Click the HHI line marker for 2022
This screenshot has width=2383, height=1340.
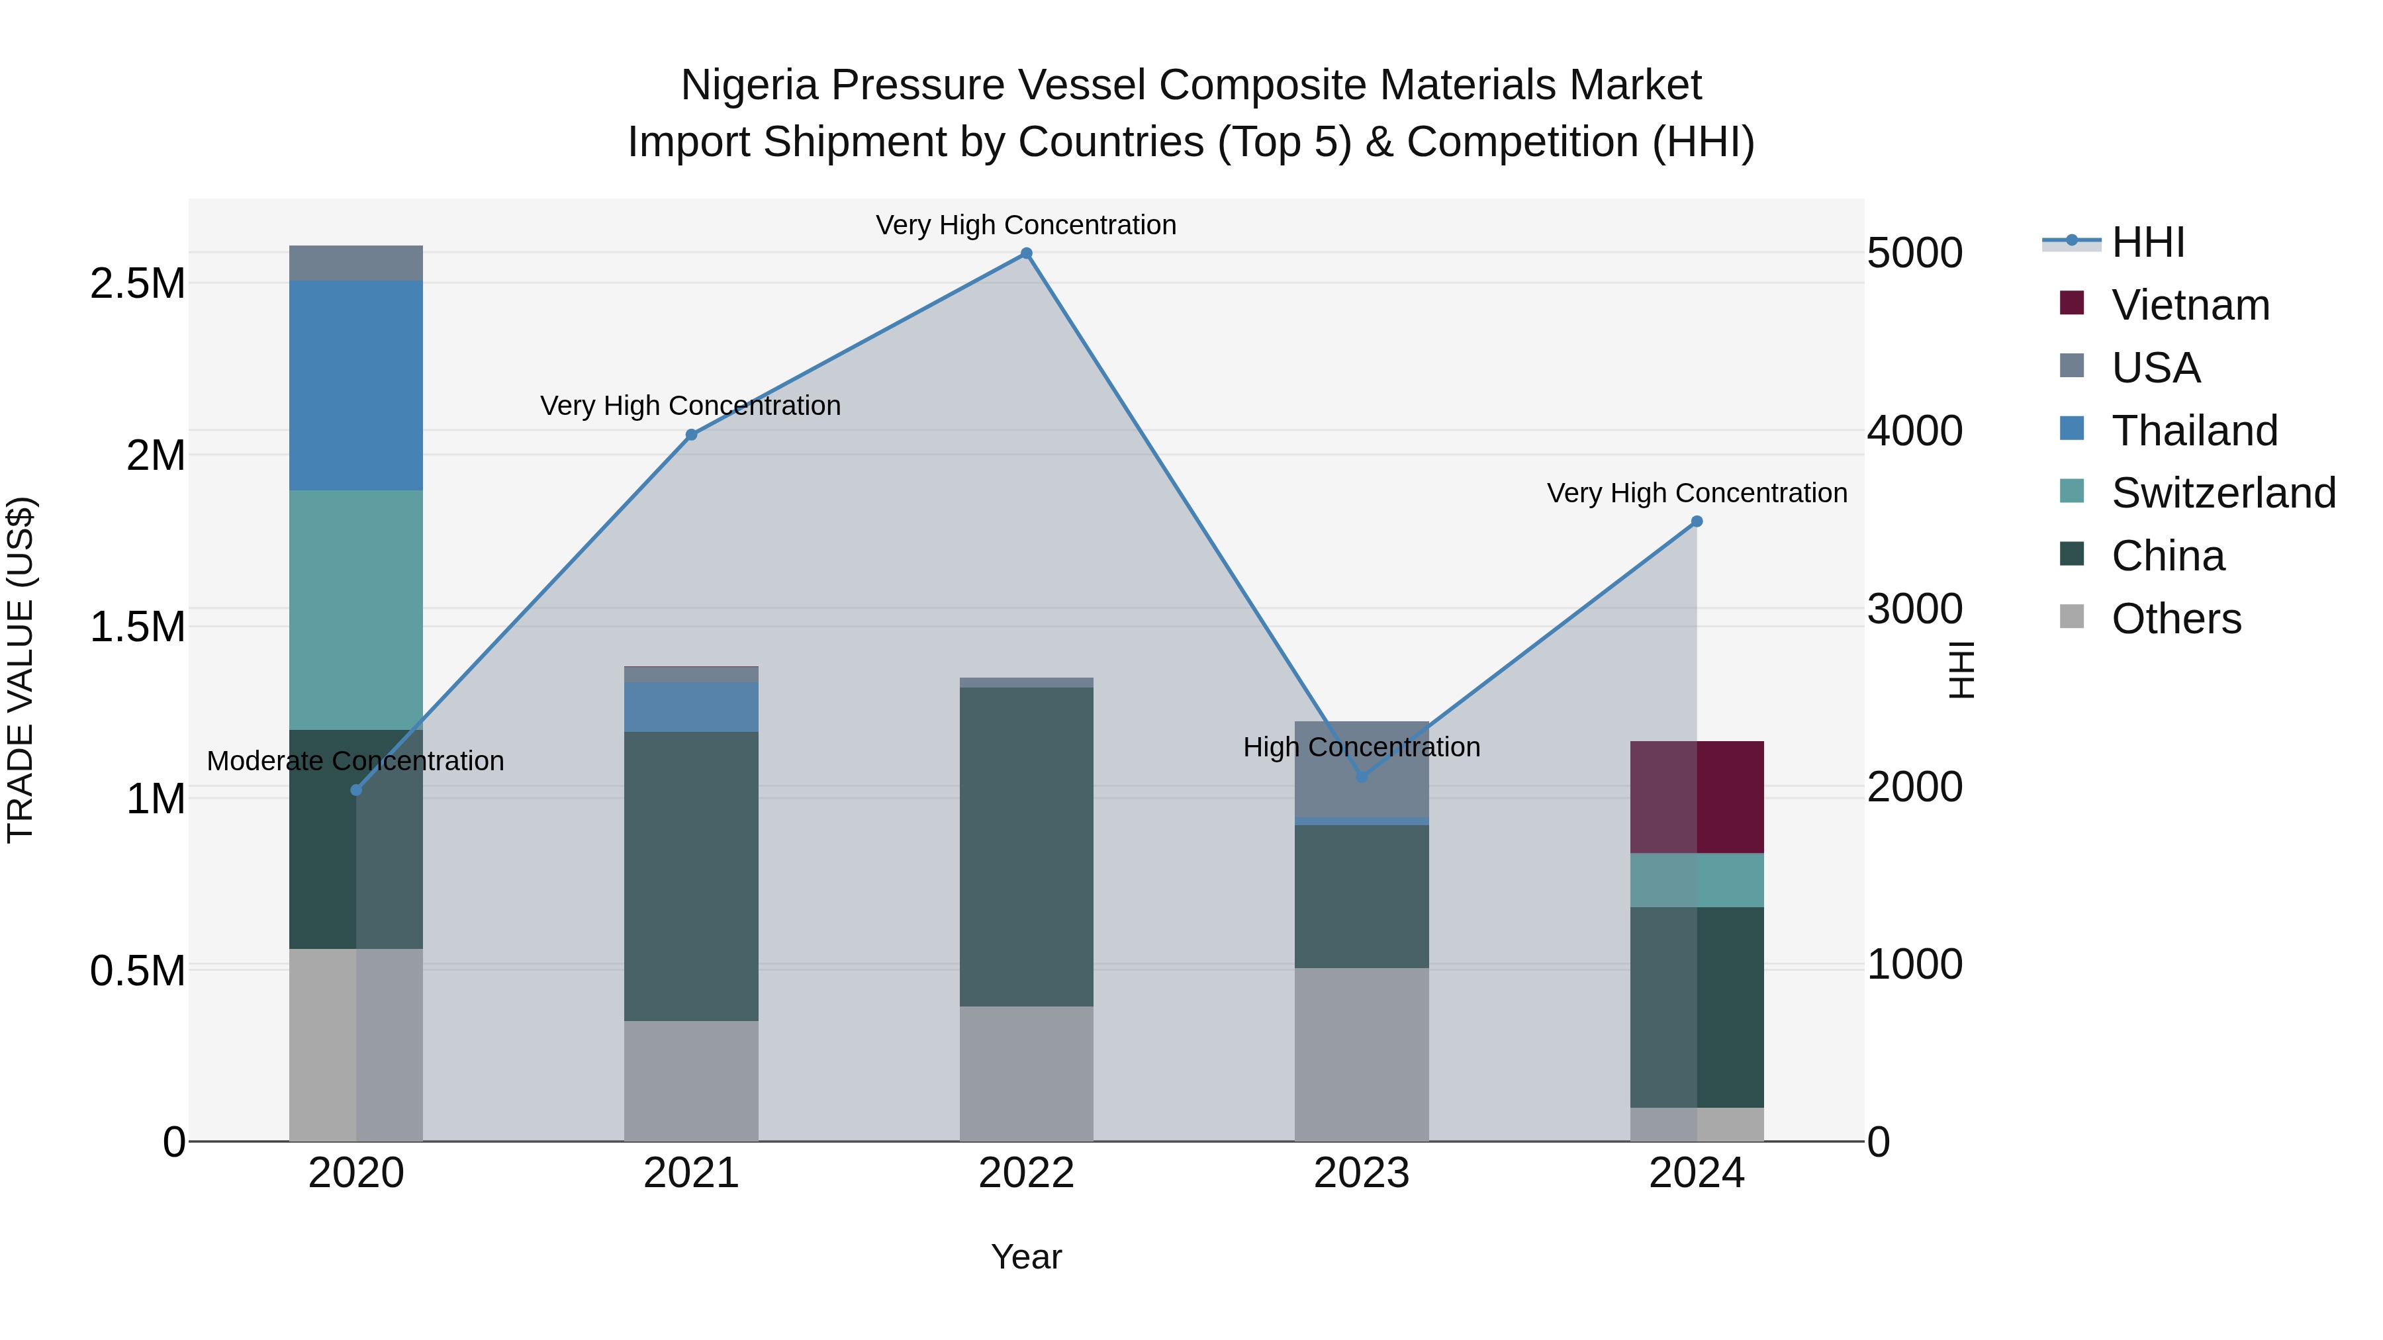(x=1026, y=253)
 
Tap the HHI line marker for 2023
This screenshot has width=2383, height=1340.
(x=1361, y=777)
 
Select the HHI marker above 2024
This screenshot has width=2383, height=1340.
(x=1697, y=521)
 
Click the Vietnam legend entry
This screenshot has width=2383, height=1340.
(x=2190, y=305)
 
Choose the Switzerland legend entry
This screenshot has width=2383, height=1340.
(x=2223, y=493)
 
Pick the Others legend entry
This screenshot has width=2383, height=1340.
(x=2175, y=619)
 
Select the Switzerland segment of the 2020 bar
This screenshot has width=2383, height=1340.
(x=356, y=609)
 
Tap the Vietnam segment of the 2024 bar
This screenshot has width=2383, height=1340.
(x=1697, y=797)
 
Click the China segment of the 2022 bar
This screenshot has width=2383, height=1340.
(x=1026, y=846)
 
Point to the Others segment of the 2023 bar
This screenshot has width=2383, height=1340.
(x=1361, y=1054)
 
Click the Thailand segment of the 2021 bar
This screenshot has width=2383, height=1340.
(x=691, y=707)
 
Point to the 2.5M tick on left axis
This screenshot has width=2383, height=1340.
(x=138, y=283)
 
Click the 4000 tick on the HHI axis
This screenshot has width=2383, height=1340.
(x=1914, y=431)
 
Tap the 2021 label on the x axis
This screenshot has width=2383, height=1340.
(x=691, y=1173)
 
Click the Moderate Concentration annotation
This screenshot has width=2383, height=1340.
(x=355, y=761)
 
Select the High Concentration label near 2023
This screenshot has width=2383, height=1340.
(x=1361, y=747)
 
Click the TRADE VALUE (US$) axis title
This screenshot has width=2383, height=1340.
(x=21, y=670)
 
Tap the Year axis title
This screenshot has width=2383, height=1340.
(x=1026, y=1257)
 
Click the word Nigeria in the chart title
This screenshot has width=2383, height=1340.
(x=749, y=85)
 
